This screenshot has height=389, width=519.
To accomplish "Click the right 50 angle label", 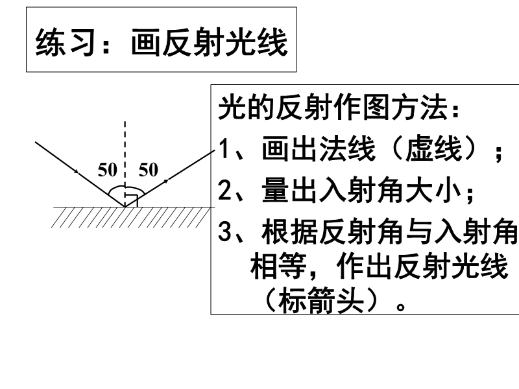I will pyautogui.click(x=149, y=170).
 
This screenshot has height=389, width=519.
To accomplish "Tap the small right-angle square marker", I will pyautogui.click(x=132, y=200).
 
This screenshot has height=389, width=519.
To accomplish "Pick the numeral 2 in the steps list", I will pyautogui.click(x=224, y=191).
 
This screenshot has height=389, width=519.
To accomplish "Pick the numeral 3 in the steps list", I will pyautogui.click(x=224, y=232).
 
